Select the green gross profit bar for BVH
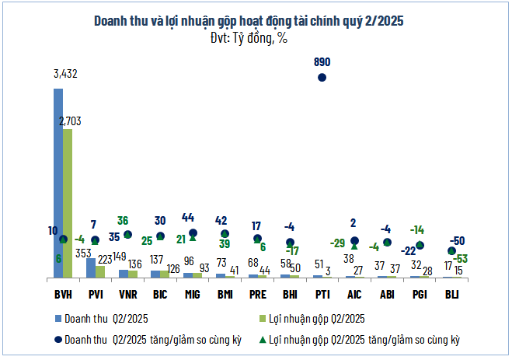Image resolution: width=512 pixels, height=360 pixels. click(68, 203)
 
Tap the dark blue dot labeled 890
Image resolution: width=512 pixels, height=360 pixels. click(322, 76)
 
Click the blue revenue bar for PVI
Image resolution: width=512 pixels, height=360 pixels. click(90, 267)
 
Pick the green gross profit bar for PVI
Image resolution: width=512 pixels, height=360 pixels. click(100, 271)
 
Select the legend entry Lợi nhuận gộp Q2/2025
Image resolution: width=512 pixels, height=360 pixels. click(319, 318)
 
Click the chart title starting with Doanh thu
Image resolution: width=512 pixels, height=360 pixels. click(255, 21)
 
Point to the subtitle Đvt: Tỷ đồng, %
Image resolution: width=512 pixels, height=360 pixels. click(255, 37)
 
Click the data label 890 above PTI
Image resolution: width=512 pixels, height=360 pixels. click(322, 60)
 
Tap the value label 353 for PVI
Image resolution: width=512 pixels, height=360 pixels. click(82, 252)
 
